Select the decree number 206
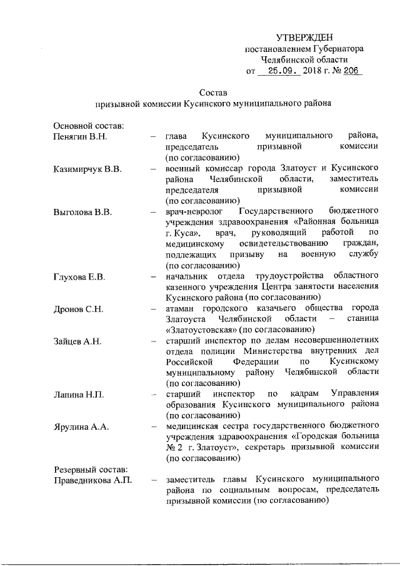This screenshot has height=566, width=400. (351, 71)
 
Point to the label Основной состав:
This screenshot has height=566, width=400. (88, 125)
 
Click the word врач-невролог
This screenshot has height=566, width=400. (194, 212)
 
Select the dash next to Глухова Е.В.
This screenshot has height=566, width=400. (153, 276)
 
